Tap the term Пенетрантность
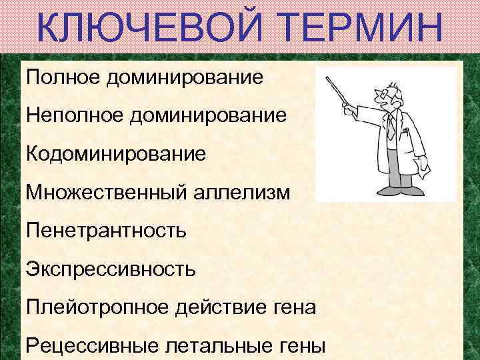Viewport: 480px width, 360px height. click(x=107, y=231)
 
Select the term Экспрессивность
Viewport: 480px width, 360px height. click(x=111, y=270)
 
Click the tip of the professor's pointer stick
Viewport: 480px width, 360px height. click(x=327, y=79)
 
